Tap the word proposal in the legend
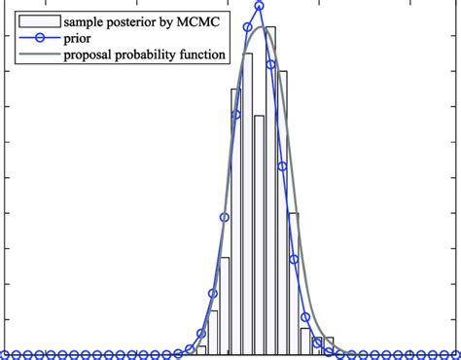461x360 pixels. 92,55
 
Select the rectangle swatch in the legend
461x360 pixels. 34,20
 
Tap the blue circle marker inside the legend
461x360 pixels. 34,38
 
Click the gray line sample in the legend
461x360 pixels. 34,55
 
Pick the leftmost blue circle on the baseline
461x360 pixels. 4,354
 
